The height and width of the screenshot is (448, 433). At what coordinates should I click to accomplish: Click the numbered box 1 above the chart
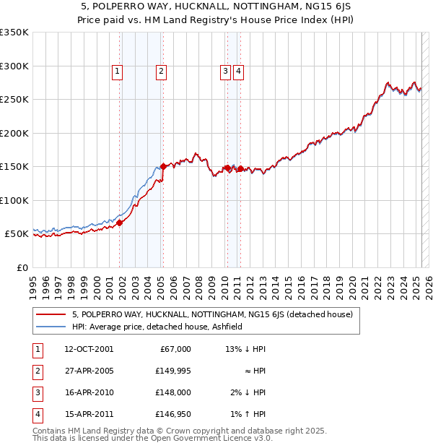[117, 71]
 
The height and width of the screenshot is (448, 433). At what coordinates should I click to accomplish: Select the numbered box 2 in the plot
[160, 71]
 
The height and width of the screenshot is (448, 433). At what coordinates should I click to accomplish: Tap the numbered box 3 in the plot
[225, 71]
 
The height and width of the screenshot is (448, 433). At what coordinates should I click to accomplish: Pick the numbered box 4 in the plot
[238, 71]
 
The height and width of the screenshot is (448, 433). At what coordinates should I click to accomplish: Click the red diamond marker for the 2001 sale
[120, 223]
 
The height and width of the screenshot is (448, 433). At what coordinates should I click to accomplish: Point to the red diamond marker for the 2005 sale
[163, 166]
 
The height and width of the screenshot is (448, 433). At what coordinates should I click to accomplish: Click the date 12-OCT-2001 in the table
[89, 349]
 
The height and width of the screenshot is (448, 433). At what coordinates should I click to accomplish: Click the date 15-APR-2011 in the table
[89, 414]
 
